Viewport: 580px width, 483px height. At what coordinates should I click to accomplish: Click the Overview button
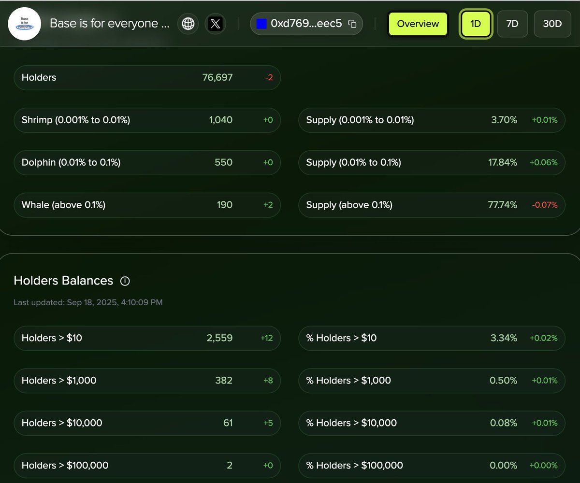pos(418,24)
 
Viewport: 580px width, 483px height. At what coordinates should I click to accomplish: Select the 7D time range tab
pos(512,24)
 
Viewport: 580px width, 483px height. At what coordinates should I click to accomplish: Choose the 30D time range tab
pos(552,24)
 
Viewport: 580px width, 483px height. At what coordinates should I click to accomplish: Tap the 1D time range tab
pos(476,24)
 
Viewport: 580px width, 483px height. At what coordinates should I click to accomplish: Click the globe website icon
pos(188,24)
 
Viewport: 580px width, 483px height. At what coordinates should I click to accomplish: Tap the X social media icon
pos(215,24)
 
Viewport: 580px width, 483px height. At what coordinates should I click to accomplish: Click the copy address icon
pos(352,24)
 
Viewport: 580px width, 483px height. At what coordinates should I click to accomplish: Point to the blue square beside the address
pos(261,24)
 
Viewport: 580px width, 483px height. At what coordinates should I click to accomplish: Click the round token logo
pos(25,24)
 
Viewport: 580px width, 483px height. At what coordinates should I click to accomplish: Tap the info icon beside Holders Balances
pos(125,281)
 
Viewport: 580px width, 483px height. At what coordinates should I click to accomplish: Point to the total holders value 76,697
pos(217,77)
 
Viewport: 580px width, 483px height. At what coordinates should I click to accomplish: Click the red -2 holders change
pos(269,77)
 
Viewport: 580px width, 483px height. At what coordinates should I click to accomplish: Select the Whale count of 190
pos(224,205)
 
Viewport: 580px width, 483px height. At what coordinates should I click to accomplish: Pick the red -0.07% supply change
pos(545,205)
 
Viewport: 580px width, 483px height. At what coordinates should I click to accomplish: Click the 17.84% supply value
pos(503,162)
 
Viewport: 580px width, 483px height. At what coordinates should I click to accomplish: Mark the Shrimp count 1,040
pos(221,120)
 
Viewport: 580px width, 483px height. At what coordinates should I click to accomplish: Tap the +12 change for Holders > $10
pos(267,338)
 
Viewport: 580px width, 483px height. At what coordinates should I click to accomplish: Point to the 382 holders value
pos(224,381)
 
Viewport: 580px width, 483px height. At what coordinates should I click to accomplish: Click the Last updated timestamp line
pos(88,303)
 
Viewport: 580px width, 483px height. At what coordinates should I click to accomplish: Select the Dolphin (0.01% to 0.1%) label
pos(71,162)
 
